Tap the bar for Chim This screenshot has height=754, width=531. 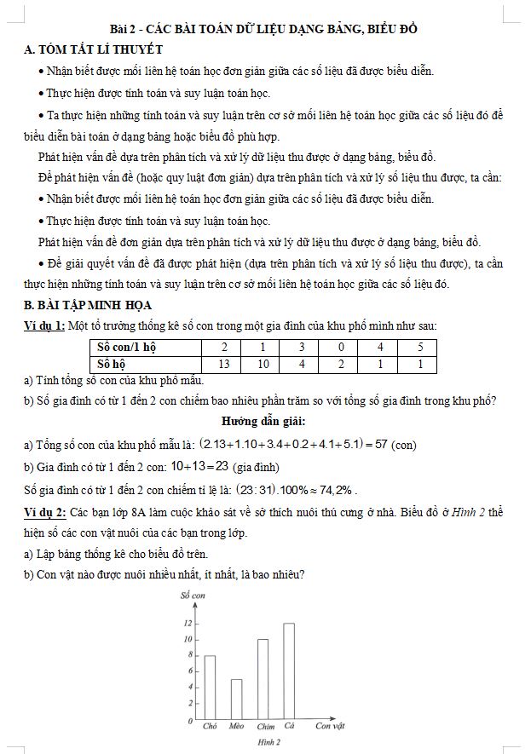(x=263, y=679)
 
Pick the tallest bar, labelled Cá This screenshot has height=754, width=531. (x=289, y=671)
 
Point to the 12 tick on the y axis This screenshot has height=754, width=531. (x=188, y=624)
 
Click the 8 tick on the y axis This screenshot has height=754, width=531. (x=188, y=655)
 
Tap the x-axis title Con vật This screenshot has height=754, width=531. (x=329, y=726)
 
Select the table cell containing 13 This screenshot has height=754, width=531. (x=224, y=364)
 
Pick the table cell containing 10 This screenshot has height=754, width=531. (x=263, y=364)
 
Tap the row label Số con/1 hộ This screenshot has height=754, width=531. (x=127, y=348)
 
